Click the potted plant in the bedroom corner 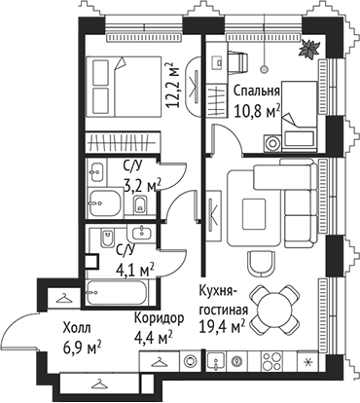click(310, 49)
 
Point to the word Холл click(79, 328)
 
